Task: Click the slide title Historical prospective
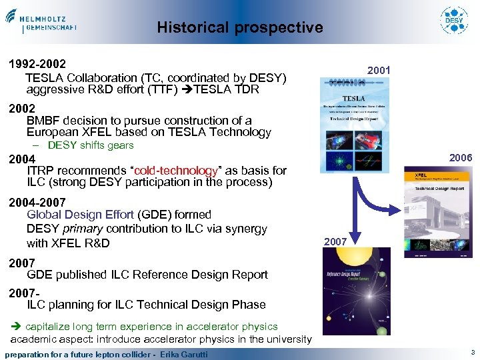(x=240, y=27)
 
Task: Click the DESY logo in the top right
(x=454, y=20)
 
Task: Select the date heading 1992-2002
(x=37, y=65)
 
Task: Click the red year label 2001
(x=379, y=71)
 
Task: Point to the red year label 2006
(x=460, y=158)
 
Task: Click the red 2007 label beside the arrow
(x=335, y=241)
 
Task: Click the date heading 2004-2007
(x=37, y=201)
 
